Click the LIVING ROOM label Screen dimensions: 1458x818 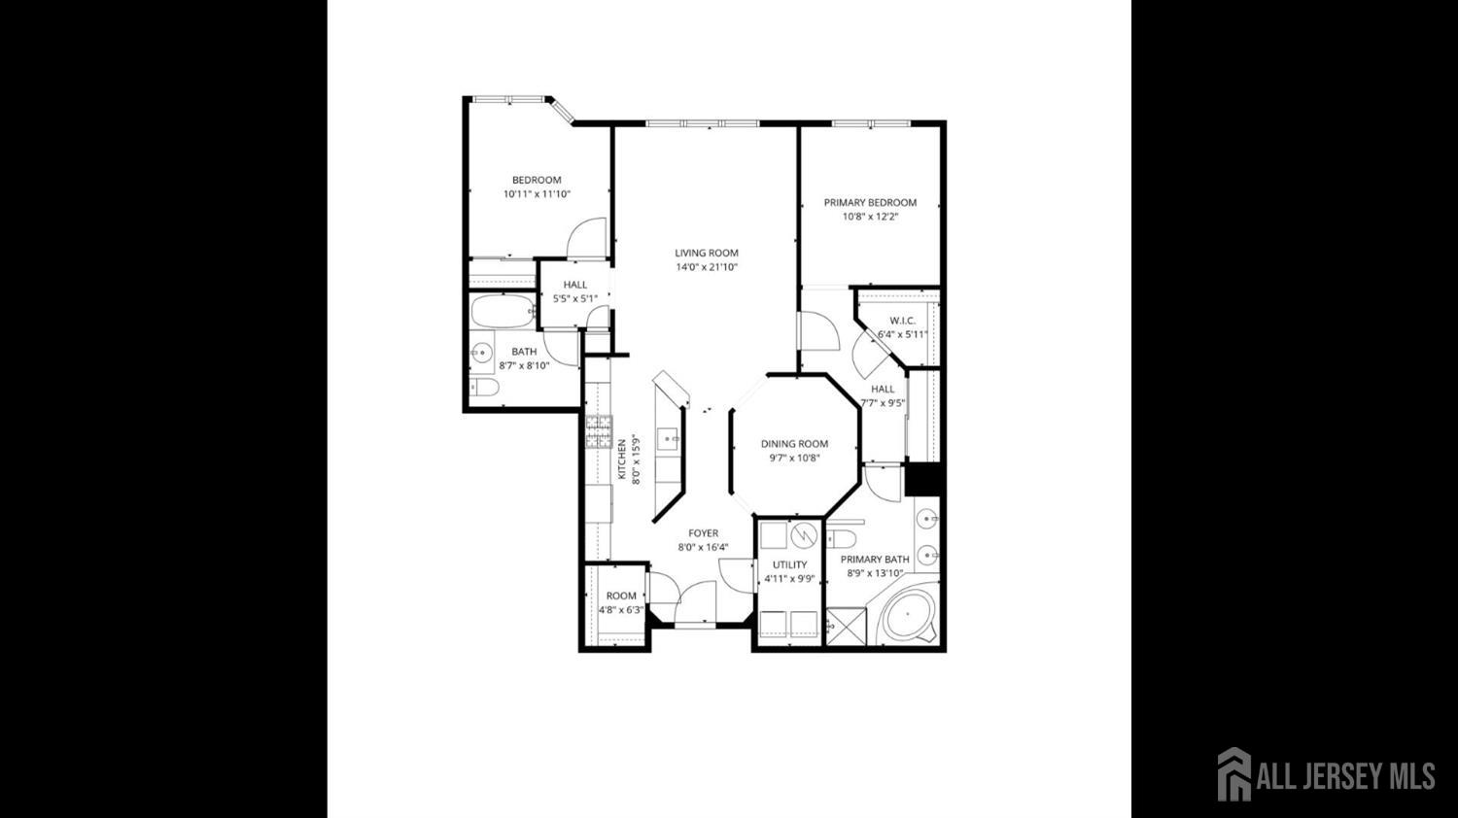point(707,254)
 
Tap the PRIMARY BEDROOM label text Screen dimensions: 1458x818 point(870,202)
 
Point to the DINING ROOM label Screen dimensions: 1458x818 point(795,444)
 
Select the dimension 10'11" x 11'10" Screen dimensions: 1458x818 point(537,194)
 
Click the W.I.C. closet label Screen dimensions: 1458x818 point(903,321)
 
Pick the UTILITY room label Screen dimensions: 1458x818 point(789,564)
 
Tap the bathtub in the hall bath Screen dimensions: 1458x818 point(503,312)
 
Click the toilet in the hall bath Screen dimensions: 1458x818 point(484,388)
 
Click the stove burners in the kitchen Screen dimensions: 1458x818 point(599,432)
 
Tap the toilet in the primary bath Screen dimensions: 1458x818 point(842,539)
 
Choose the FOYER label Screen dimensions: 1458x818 point(703,533)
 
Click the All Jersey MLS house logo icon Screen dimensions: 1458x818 point(1234,774)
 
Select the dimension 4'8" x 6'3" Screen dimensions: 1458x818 point(621,610)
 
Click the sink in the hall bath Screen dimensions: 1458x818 point(482,354)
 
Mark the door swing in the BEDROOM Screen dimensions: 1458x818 point(586,238)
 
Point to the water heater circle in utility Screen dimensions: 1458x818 point(805,535)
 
